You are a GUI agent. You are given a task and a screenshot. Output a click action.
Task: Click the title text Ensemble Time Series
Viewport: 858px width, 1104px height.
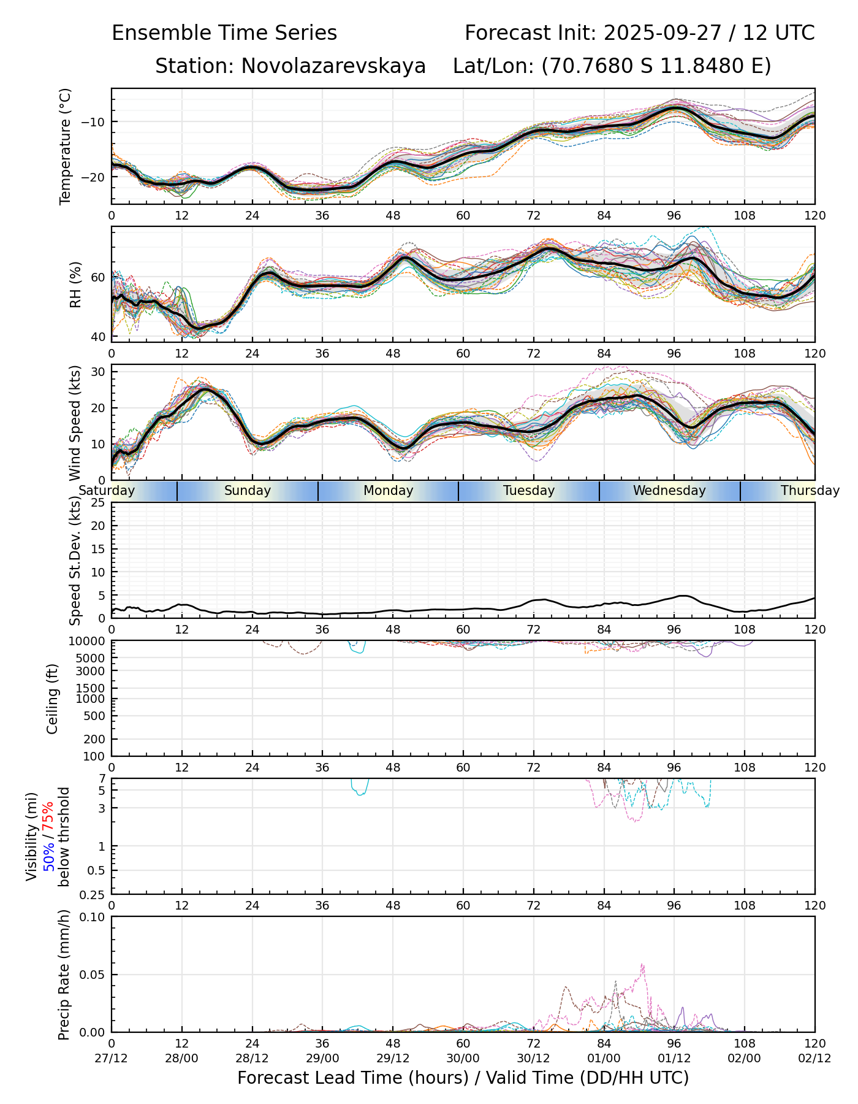point(224,33)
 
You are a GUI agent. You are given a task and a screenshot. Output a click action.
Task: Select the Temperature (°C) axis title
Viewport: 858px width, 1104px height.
point(66,146)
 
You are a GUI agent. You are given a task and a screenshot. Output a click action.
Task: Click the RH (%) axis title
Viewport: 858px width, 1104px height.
point(75,285)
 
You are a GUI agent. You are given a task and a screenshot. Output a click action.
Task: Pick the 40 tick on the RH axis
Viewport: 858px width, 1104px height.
point(99,337)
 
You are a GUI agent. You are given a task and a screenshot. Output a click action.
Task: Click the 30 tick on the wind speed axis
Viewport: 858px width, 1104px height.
point(99,372)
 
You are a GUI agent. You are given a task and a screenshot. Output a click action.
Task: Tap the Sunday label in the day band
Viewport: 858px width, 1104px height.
point(247,491)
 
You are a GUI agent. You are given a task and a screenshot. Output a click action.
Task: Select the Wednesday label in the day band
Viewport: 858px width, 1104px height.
point(669,491)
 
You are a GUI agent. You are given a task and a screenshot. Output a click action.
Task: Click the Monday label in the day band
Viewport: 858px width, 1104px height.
point(388,491)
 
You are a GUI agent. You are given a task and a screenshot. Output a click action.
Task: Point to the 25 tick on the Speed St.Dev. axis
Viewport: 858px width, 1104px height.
point(99,503)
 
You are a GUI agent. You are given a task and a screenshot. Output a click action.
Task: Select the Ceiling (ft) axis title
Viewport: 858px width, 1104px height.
point(53,699)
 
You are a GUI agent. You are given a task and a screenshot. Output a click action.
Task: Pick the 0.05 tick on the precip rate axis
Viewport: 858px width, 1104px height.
point(93,975)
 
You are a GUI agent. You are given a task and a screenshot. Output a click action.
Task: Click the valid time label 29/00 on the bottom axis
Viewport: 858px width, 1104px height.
point(322,1059)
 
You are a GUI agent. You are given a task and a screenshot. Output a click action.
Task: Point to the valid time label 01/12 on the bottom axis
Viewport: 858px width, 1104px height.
point(674,1059)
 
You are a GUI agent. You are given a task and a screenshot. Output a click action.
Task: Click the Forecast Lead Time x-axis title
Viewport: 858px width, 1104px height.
point(463,1078)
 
